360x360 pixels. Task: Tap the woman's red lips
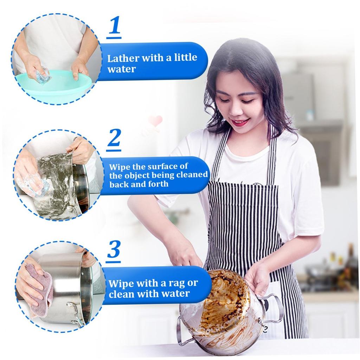click(x=240, y=123)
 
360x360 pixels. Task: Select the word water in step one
click(x=121, y=69)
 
